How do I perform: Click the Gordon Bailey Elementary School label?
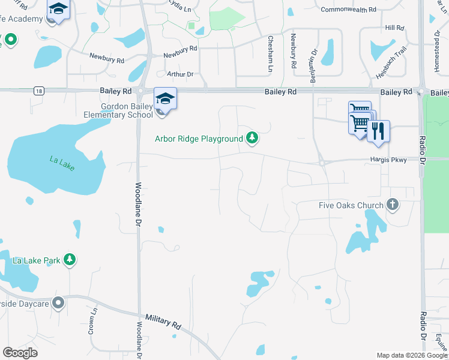click(127, 111)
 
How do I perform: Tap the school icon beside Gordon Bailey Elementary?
click(165, 98)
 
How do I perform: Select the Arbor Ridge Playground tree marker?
click(253, 139)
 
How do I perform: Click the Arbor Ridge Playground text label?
click(199, 139)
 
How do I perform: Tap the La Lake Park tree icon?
click(71, 260)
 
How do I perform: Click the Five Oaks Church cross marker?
click(393, 205)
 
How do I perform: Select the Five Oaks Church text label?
click(351, 205)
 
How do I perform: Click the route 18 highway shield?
click(39, 91)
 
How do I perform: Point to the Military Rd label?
click(163, 321)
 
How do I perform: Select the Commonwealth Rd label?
click(348, 10)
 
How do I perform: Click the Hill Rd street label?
click(394, 28)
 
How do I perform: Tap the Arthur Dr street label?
click(181, 74)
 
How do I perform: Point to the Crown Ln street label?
click(93, 322)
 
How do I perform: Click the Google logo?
click(20, 352)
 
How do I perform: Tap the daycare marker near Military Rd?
click(58, 303)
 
